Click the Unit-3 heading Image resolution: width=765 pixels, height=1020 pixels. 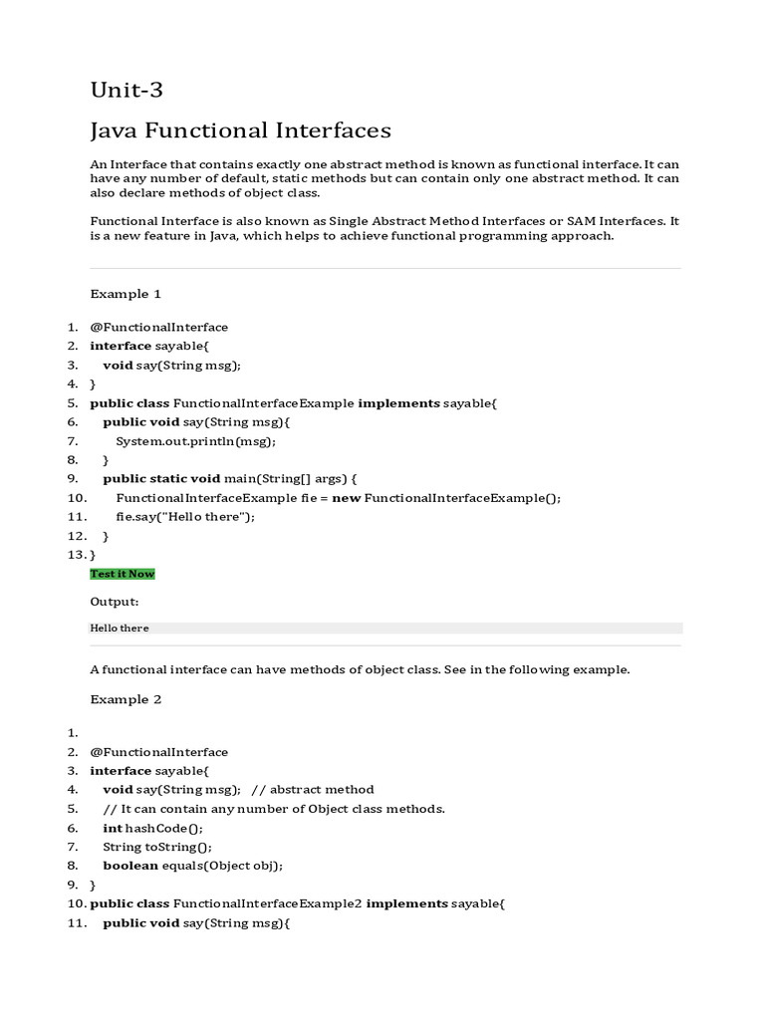[127, 91]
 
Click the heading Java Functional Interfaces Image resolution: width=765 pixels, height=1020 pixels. [240, 130]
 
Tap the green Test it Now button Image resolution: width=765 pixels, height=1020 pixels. [123, 574]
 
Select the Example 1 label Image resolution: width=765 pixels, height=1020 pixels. [126, 294]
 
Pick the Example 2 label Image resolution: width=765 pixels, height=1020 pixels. [126, 699]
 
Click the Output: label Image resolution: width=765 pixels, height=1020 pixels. [115, 602]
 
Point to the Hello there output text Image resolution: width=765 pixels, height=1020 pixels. [119, 629]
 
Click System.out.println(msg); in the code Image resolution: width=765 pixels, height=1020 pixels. [195, 441]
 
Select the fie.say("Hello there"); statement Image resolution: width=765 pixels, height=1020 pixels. [185, 517]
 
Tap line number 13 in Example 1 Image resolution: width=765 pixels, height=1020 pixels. [77, 555]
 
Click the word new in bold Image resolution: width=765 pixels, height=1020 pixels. [346, 498]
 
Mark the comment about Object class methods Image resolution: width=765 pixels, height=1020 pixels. [274, 809]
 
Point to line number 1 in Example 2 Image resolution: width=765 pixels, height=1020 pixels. [73, 733]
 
